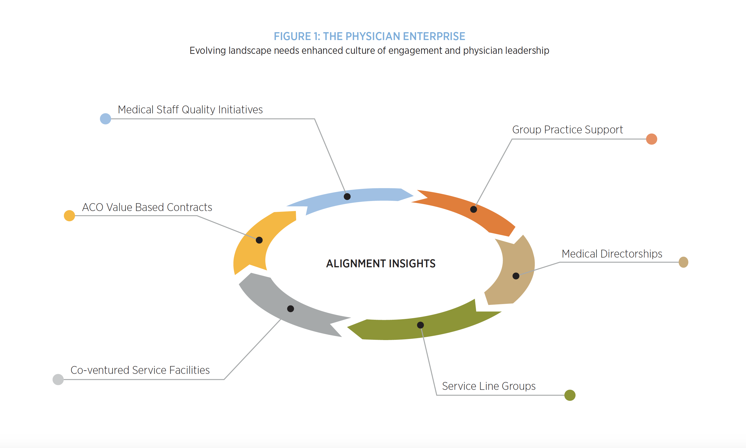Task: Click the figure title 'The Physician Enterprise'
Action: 369,37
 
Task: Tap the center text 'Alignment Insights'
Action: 381,263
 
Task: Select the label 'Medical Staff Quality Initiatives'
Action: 190,110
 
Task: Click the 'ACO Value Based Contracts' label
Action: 147,207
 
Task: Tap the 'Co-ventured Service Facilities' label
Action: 140,370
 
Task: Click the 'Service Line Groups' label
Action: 488,386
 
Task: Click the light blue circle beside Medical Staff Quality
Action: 105,119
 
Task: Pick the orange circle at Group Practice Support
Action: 652,139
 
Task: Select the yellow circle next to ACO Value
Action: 69,216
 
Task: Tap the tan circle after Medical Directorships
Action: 683,262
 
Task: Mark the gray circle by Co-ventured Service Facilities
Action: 58,380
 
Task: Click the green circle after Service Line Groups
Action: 570,395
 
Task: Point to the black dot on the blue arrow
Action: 347,196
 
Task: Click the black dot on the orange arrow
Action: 473,209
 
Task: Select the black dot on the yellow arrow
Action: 259,240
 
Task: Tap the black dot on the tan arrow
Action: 516,276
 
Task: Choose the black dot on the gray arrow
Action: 290,308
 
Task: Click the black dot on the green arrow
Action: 420,325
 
